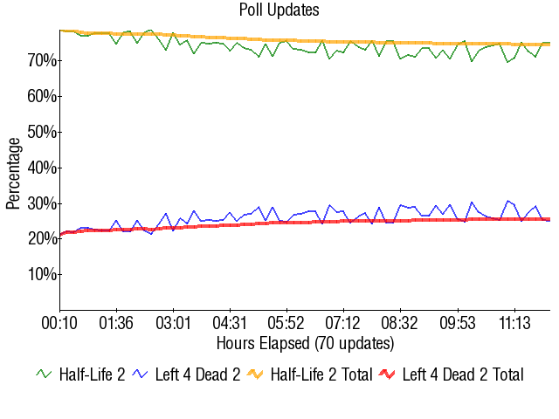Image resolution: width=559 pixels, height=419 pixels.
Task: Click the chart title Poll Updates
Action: tap(279, 10)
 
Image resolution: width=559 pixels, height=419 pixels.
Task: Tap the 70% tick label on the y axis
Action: tap(41, 60)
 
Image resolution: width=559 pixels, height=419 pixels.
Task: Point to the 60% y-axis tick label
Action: tap(41, 96)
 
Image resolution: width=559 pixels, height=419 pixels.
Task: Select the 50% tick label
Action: tap(41, 132)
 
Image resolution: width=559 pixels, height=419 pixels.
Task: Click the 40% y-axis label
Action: tap(41, 168)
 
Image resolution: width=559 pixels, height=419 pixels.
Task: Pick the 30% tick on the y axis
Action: tap(41, 203)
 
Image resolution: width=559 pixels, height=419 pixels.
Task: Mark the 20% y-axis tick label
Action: tap(41, 238)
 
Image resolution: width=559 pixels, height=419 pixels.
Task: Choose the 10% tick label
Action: tap(41, 274)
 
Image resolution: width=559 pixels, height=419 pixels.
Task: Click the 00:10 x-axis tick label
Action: tap(60, 323)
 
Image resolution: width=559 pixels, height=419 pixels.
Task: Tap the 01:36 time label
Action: tap(116, 323)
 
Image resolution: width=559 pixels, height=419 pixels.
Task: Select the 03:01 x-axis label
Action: tap(173, 323)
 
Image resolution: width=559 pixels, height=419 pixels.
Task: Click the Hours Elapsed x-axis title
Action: tap(305, 342)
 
